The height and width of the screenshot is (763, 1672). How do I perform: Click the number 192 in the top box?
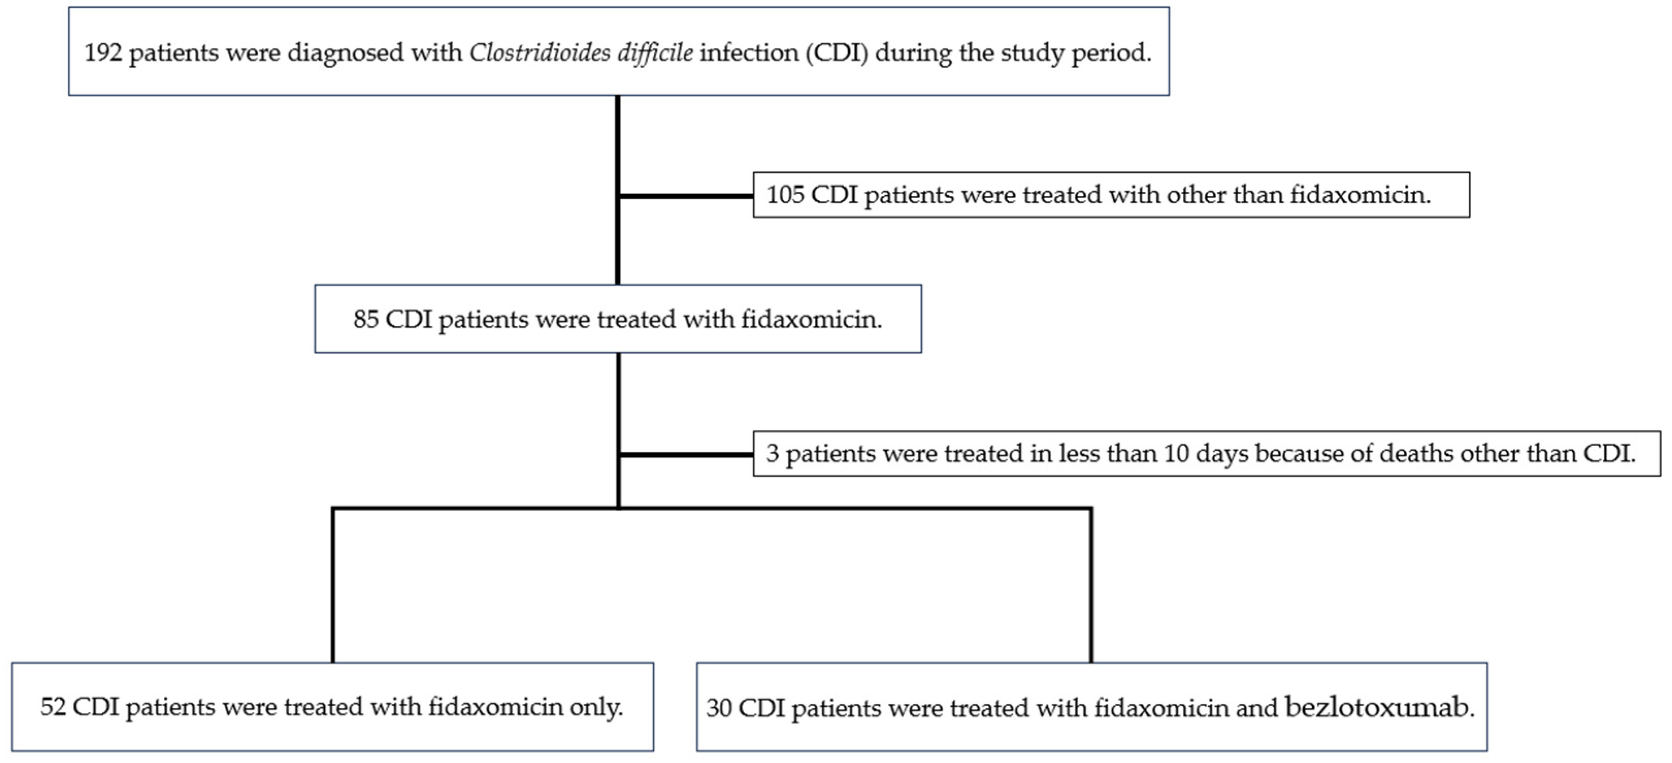pos(103,53)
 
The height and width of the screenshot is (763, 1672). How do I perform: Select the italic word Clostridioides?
pos(539,53)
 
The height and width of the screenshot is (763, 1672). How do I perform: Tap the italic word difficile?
pos(654,53)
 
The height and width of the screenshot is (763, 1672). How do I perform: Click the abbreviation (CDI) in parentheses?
pos(837,53)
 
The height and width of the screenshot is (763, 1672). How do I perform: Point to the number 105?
pos(785,195)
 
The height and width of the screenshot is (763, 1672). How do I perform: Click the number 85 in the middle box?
pos(366,319)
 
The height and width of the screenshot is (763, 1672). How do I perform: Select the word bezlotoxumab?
pos(1379,707)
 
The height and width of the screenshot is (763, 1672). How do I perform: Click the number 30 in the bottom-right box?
pos(719,708)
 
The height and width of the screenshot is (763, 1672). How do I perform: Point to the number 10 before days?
pos(1176,453)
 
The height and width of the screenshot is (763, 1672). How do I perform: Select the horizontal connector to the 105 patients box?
pos(685,195)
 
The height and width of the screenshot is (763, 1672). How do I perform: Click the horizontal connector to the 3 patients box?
pos(685,455)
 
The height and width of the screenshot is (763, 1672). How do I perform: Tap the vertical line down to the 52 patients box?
pos(333,584)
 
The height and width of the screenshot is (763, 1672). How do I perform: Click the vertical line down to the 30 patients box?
pos(1090,584)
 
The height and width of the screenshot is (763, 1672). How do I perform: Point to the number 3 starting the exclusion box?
pos(772,453)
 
